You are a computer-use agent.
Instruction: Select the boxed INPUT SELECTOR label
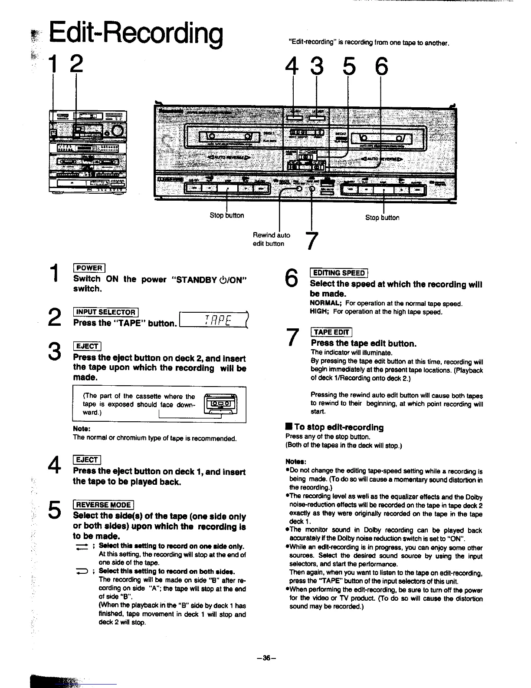(x=105, y=312)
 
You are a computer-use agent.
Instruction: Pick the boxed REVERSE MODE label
(x=103, y=505)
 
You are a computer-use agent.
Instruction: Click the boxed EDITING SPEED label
(x=339, y=273)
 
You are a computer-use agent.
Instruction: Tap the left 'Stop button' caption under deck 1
(x=226, y=215)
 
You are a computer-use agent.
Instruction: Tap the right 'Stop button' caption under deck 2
(x=382, y=218)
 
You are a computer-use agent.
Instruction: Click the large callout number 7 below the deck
(x=312, y=241)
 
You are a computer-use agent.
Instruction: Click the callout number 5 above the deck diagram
(x=348, y=66)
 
